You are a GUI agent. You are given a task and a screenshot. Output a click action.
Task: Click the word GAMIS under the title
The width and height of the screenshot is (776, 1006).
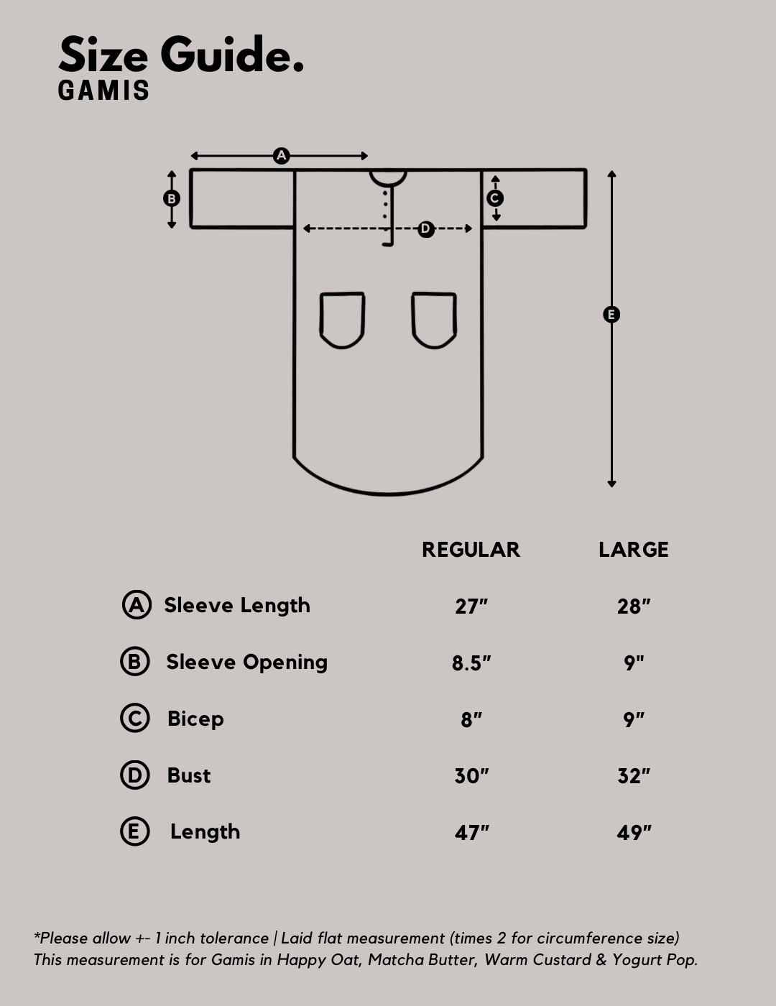(x=103, y=91)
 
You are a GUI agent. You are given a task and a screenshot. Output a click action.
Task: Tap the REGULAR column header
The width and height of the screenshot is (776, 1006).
(x=471, y=550)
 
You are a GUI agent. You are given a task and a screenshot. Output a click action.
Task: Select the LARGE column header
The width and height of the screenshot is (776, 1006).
(x=634, y=550)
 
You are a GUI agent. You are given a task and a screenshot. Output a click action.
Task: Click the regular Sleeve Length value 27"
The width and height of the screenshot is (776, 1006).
(x=471, y=606)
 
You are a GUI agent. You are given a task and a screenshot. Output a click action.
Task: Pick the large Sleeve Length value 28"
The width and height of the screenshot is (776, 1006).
(x=634, y=606)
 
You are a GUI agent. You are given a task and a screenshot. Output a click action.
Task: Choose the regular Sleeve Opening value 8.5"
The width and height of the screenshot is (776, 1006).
(x=471, y=663)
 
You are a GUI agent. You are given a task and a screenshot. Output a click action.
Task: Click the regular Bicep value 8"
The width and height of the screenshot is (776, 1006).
(x=471, y=720)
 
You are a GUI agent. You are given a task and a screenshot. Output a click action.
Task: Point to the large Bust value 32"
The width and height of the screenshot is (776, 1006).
(x=634, y=776)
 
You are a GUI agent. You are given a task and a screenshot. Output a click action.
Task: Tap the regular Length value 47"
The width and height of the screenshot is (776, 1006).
(x=471, y=833)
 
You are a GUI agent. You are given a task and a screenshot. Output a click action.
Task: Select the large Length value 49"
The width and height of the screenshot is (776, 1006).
(x=634, y=833)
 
